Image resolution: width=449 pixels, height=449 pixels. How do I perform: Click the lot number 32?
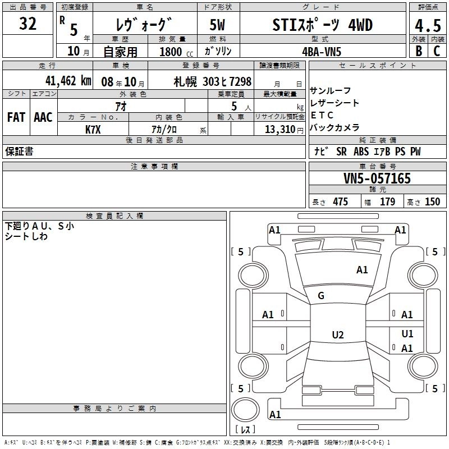click(x=28, y=24)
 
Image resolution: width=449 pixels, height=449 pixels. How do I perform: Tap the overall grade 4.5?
click(x=428, y=26)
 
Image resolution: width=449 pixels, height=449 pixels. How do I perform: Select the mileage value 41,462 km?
click(x=68, y=81)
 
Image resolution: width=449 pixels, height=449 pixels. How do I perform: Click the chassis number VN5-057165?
click(x=377, y=178)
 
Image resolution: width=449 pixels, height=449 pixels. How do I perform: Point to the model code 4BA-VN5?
click(x=322, y=52)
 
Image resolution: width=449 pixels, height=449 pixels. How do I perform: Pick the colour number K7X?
click(x=93, y=130)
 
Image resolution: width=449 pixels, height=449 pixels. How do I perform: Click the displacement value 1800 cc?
click(x=176, y=52)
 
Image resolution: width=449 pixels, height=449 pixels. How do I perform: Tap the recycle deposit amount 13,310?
click(x=280, y=130)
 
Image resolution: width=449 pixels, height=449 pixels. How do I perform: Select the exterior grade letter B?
click(x=419, y=51)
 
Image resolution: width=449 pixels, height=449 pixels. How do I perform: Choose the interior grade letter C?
click(x=437, y=51)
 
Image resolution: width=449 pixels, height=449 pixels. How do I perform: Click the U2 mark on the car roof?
click(x=338, y=335)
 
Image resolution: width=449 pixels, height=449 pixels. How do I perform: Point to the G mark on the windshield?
click(x=321, y=296)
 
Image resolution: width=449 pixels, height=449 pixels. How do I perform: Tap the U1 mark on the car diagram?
click(x=407, y=334)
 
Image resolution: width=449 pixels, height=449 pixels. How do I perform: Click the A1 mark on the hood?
click(x=362, y=270)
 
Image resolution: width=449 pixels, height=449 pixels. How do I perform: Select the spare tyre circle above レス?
click(x=245, y=410)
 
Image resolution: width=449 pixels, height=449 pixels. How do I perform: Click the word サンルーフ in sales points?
click(x=330, y=91)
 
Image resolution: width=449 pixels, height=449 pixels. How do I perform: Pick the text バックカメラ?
click(x=335, y=127)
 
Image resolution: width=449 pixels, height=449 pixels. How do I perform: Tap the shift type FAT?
click(x=16, y=117)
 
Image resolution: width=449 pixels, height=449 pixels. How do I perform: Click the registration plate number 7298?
click(x=240, y=81)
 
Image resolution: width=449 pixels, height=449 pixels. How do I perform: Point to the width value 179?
click(x=387, y=201)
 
